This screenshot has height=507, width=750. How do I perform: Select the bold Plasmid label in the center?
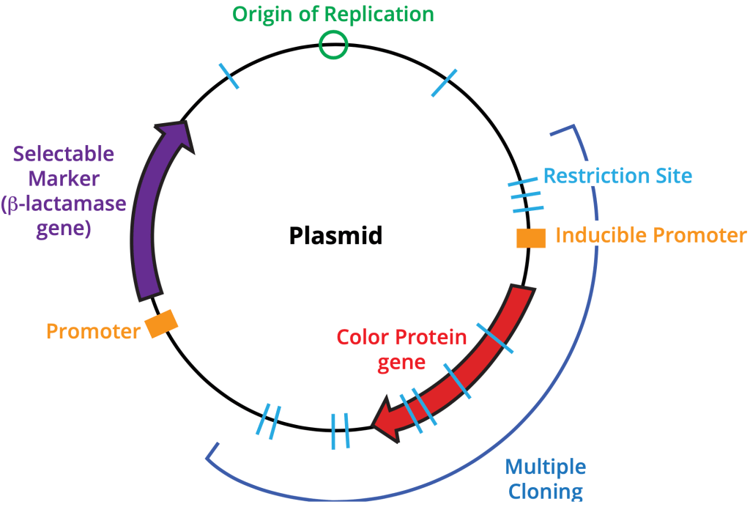[x=336, y=236]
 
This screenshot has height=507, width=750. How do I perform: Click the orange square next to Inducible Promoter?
[x=531, y=238]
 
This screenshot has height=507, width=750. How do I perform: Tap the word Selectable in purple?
[x=64, y=155]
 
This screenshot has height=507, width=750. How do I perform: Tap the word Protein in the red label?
[x=432, y=338]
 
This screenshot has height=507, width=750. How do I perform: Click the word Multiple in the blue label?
[x=546, y=467]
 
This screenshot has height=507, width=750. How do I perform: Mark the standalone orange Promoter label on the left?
[x=93, y=331]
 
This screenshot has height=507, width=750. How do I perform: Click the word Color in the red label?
[x=364, y=338]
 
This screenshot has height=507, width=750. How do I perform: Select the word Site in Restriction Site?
[x=672, y=176]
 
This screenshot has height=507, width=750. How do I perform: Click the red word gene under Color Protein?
[x=401, y=362]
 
